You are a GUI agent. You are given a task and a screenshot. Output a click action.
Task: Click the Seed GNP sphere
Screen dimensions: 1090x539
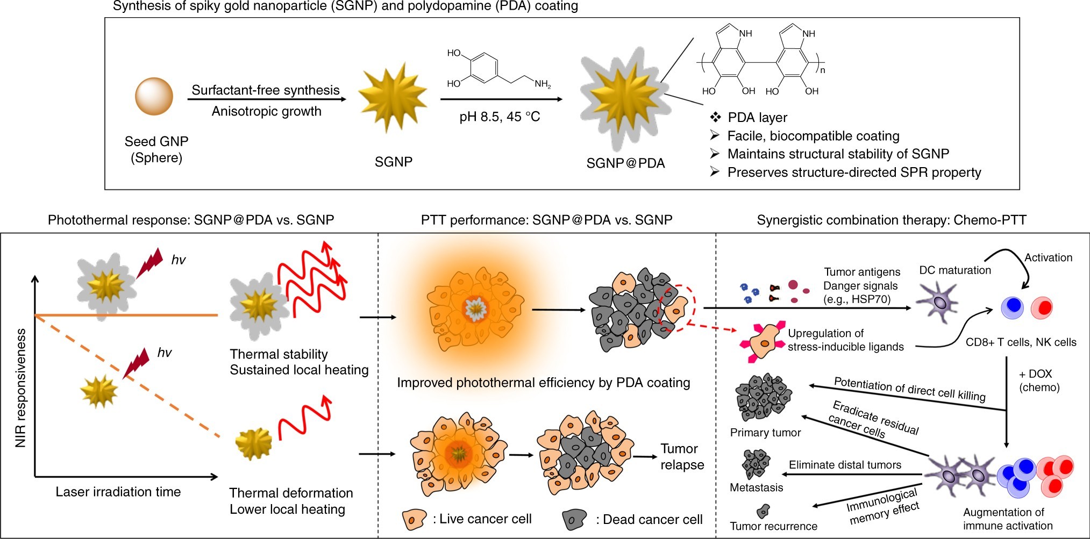(154, 97)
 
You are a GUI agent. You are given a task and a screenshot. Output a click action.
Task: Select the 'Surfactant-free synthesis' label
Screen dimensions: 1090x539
(266, 90)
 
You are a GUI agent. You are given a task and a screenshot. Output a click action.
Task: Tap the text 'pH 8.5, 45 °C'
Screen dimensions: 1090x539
(500, 117)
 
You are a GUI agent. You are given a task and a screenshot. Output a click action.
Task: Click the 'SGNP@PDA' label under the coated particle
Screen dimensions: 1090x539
(625, 163)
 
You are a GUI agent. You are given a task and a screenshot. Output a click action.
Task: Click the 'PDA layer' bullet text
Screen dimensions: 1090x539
(757, 118)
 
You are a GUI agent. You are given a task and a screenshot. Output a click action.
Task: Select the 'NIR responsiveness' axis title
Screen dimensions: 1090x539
(20, 388)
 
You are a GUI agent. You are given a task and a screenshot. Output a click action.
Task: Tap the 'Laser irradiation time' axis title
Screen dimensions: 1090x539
(118, 492)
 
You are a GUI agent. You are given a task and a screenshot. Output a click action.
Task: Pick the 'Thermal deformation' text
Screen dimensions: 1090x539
(291, 493)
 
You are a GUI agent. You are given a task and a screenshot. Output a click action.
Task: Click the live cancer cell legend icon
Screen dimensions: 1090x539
(414, 519)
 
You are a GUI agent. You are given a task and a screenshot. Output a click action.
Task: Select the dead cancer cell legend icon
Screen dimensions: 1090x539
(575, 519)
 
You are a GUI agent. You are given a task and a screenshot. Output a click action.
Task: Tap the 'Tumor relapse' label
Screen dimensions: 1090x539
(682, 457)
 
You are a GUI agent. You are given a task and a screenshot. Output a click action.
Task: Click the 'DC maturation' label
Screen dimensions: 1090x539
(955, 270)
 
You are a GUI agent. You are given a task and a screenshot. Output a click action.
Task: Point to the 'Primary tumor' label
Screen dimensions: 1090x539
(765, 433)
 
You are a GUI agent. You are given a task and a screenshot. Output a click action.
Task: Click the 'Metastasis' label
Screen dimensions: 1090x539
(756, 487)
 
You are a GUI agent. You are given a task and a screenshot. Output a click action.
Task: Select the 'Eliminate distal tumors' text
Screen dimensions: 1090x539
(845, 465)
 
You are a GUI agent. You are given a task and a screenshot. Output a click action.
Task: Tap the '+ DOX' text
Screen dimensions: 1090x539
(1035, 374)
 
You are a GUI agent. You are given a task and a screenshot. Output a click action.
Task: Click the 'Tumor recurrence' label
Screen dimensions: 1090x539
(773, 526)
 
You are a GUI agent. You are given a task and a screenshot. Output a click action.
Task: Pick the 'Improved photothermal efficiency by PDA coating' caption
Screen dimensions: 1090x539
(544, 383)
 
